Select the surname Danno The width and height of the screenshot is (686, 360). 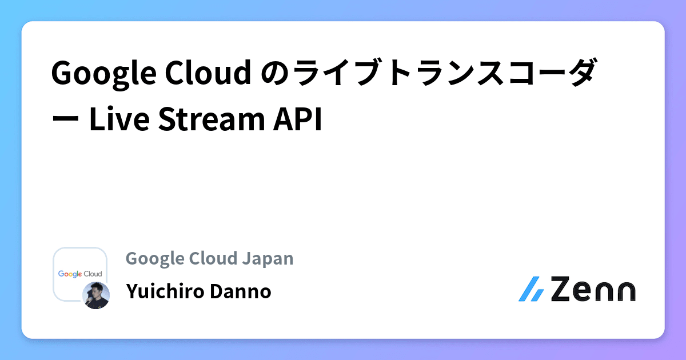[x=240, y=291]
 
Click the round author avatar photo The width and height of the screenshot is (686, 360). [x=95, y=295]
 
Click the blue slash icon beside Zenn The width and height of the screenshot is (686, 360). [x=531, y=289]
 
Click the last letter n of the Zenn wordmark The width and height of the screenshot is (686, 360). [x=624, y=291]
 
